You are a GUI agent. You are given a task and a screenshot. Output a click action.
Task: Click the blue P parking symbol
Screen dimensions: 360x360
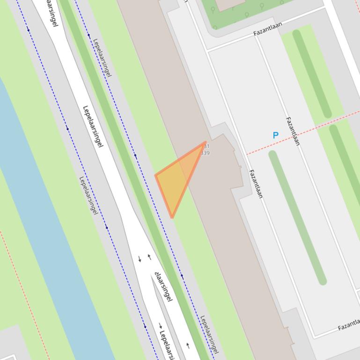275,136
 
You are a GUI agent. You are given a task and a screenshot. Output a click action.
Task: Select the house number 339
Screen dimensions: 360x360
205,153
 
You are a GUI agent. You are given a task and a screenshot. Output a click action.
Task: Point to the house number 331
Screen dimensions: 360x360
206,147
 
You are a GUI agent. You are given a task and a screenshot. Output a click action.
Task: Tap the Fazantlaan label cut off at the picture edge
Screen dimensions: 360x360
349,324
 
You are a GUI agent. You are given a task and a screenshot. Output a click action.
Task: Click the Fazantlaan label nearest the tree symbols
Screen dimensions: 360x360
268,29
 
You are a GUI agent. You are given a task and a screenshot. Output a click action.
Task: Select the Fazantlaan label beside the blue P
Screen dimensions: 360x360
293,131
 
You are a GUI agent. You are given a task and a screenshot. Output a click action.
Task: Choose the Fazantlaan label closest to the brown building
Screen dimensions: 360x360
256,184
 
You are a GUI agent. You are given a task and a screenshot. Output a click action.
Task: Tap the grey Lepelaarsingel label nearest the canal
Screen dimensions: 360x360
88,195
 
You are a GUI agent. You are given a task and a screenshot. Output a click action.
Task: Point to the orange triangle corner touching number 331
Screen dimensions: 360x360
206,142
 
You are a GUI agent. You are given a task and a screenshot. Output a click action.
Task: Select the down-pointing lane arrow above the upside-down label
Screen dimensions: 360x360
140,259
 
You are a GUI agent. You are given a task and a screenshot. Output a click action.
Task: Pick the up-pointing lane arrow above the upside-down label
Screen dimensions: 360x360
149,257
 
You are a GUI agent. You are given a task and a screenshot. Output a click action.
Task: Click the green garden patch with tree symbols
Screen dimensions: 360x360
248,12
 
